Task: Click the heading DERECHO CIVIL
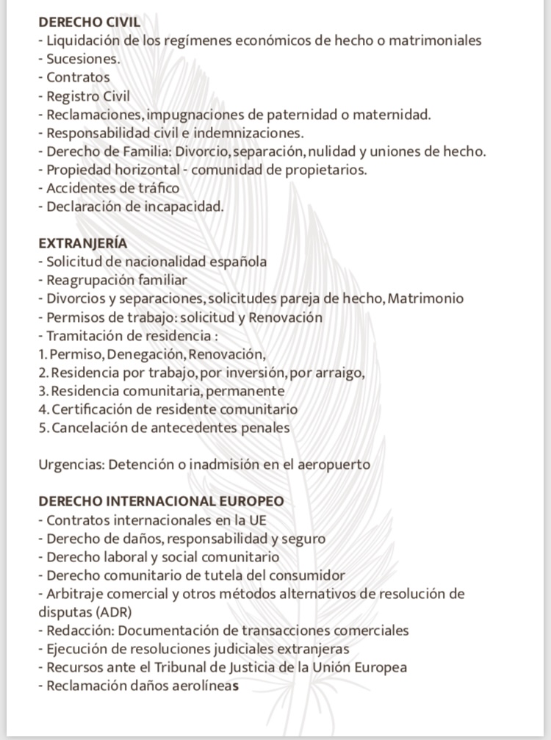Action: pyautogui.click(x=89, y=22)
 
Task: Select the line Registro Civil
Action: pyautogui.click(x=88, y=96)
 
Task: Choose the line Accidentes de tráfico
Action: pyautogui.click(x=112, y=188)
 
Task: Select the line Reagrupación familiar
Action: pyautogui.click(x=116, y=280)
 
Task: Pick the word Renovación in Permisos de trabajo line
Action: pyautogui.click(x=286, y=317)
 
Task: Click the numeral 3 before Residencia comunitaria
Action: pyautogui.click(x=42, y=391)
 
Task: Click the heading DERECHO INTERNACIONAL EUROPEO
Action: pyautogui.click(x=161, y=501)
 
